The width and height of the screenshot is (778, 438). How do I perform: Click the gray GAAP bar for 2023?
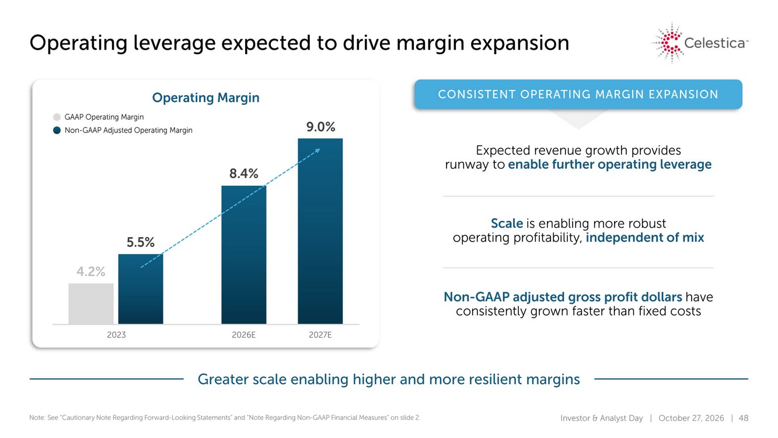tap(91, 304)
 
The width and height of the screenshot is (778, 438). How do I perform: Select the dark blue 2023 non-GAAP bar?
tap(141, 289)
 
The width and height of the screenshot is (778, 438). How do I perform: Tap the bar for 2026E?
tap(244, 255)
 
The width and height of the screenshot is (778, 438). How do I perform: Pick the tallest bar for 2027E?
tap(320, 231)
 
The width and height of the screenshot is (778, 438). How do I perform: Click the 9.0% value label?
tap(320, 127)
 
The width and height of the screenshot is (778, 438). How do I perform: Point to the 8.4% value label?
tap(244, 173)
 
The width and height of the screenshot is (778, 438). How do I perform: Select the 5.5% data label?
tap(140, 242)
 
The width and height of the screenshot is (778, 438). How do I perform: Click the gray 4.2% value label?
tap(90, 272)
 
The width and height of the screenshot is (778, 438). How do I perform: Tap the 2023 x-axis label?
tap(116, 335)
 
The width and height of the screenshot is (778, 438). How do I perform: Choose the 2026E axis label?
tap(243, 335)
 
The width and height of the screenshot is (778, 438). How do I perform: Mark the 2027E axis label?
tap(320, 335)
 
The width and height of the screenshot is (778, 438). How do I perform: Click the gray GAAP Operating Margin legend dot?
tap(57, 117)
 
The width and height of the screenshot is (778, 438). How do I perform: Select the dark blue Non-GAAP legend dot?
tap(57, 130)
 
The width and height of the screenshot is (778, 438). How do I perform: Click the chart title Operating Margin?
tap(205, 98)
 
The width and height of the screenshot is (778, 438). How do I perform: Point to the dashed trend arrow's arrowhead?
tap(318, 151)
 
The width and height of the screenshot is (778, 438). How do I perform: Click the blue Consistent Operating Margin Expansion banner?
tap(578, 94)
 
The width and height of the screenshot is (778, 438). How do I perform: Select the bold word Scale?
tap(507, 223)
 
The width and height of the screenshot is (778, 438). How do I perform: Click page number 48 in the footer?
tap(744, 418)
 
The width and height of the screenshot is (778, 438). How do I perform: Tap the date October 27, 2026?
tap(691, 418)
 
